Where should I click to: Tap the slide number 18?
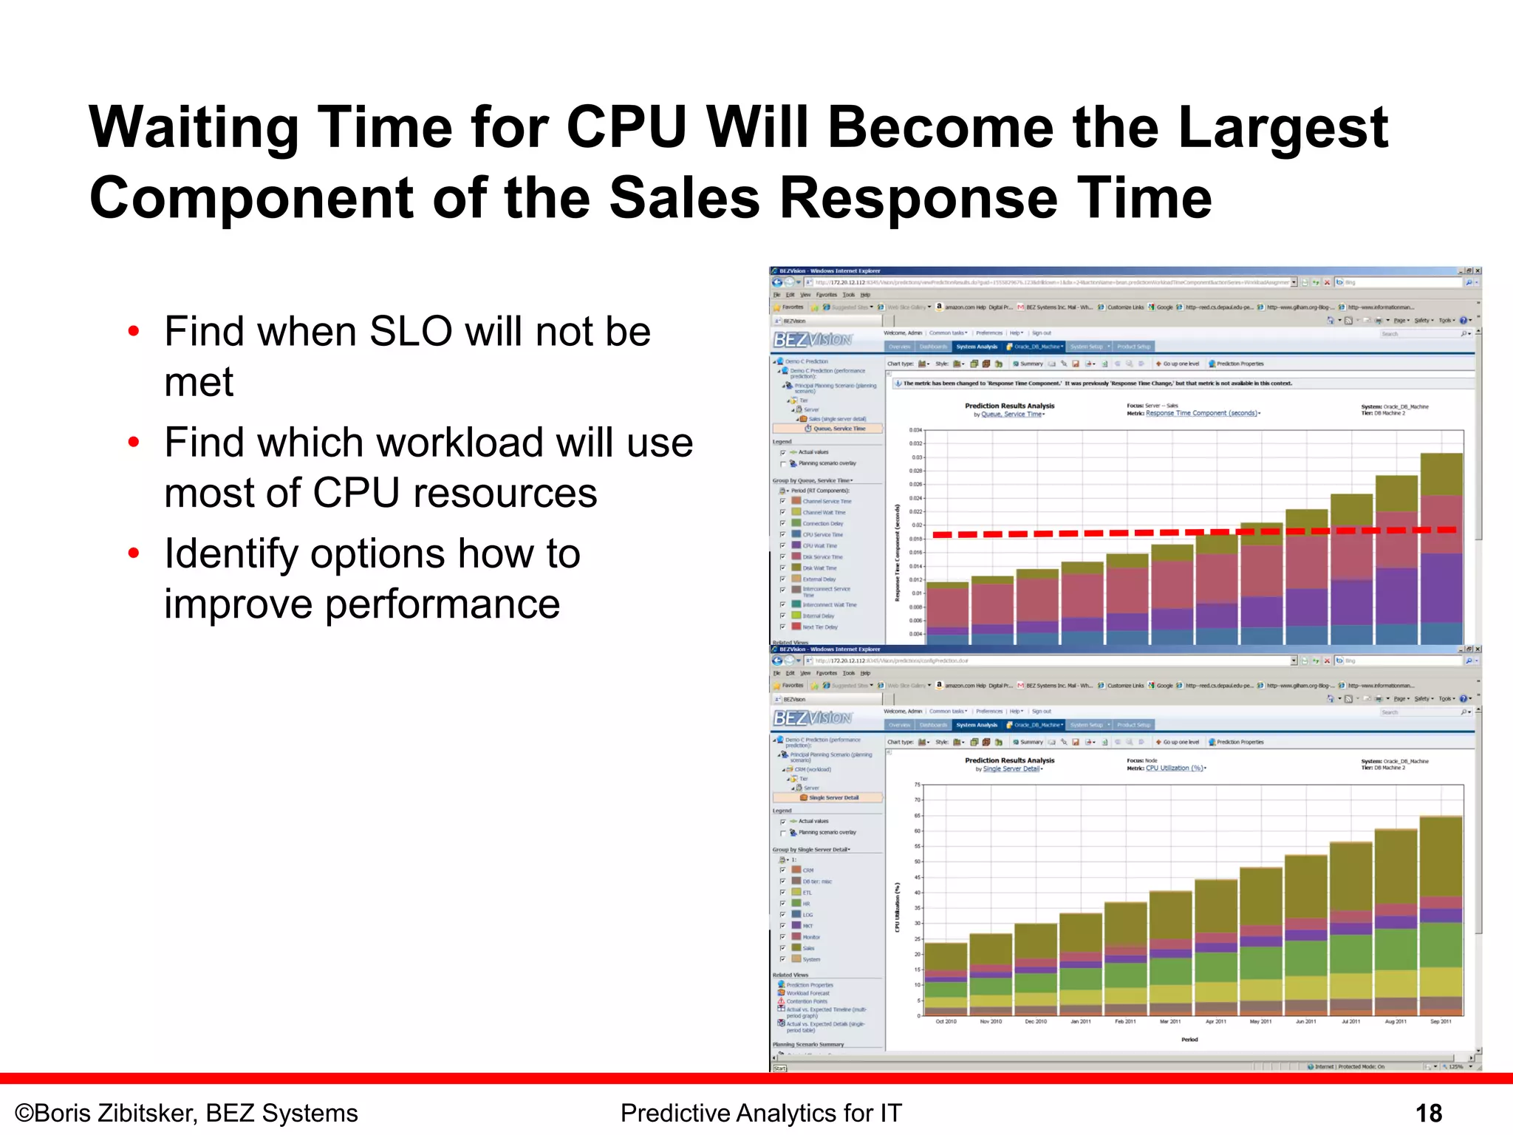[x=1428, y=1113]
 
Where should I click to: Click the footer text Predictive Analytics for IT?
[x=761, y=1113]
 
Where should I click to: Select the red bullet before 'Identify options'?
[x=134, y=553]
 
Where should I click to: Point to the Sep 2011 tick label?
[x=1441, y=1021]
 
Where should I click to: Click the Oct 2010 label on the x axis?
[x=946, y=1021]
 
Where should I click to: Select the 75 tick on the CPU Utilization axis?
[x=917, y=785]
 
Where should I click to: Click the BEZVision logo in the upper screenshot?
[x=812, y=340]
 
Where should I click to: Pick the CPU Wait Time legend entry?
[x=819, y=545]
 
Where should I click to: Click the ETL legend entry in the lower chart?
[x=807, y=893]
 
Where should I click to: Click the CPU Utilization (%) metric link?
[x=1175, y=768]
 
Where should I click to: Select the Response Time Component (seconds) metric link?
[x=1201, y=413]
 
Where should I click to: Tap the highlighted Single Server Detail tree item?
[x=833, y=797]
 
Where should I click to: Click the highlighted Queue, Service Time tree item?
[x=839, y=429]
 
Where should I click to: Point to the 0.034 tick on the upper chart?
[x=915, y=430]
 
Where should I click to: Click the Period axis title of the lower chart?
[x=1189, y=1040]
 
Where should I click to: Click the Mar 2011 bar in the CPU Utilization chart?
[x=1171, y=953]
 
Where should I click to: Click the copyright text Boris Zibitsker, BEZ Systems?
[x=186, y=1113]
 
